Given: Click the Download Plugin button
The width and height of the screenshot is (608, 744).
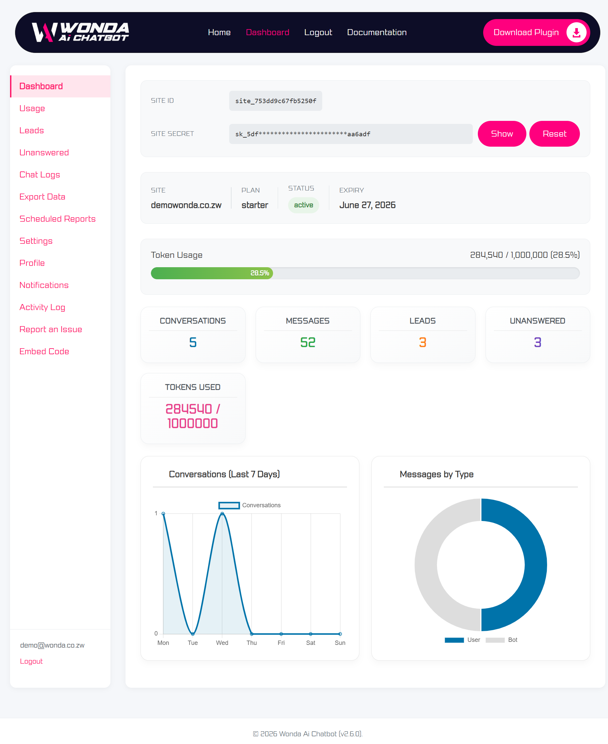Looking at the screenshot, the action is click(x=536, y=32).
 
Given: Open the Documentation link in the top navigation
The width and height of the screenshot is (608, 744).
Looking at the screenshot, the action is click(x=376, y=32).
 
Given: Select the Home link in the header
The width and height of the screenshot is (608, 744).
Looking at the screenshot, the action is click(x=219, y=32).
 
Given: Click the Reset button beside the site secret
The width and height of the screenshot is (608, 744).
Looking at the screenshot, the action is click(x=554, y=134).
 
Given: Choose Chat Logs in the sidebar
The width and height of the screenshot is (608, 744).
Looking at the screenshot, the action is click(x=39, y=174).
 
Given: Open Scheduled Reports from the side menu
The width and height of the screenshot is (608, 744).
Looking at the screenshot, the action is click(x=58, y=219).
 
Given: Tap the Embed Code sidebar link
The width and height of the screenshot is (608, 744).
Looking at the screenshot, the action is click(x=44, y=351).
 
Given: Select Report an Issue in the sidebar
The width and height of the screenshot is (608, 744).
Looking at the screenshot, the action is click(x=51, y=329).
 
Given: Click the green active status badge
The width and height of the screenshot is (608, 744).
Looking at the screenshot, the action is click(x=303, y=205).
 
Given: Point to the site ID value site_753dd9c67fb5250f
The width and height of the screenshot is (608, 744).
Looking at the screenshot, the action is click(x=276, y=101).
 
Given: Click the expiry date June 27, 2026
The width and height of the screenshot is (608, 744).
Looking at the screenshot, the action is click(x=367, y=205).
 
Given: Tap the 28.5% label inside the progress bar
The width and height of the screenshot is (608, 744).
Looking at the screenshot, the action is click(x=260, y=273).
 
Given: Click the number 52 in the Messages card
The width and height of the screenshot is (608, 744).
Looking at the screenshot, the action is click(x=308, y=342).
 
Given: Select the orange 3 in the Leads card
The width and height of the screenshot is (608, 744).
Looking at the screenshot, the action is click(x=423, y=342).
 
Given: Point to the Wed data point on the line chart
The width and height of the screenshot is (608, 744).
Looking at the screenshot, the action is click(x=222, y=513).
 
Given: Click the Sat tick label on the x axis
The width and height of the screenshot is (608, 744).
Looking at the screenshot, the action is click(x=311, y=643).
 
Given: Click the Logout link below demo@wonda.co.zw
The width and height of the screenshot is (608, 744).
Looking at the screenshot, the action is click(x=31, y=661).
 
